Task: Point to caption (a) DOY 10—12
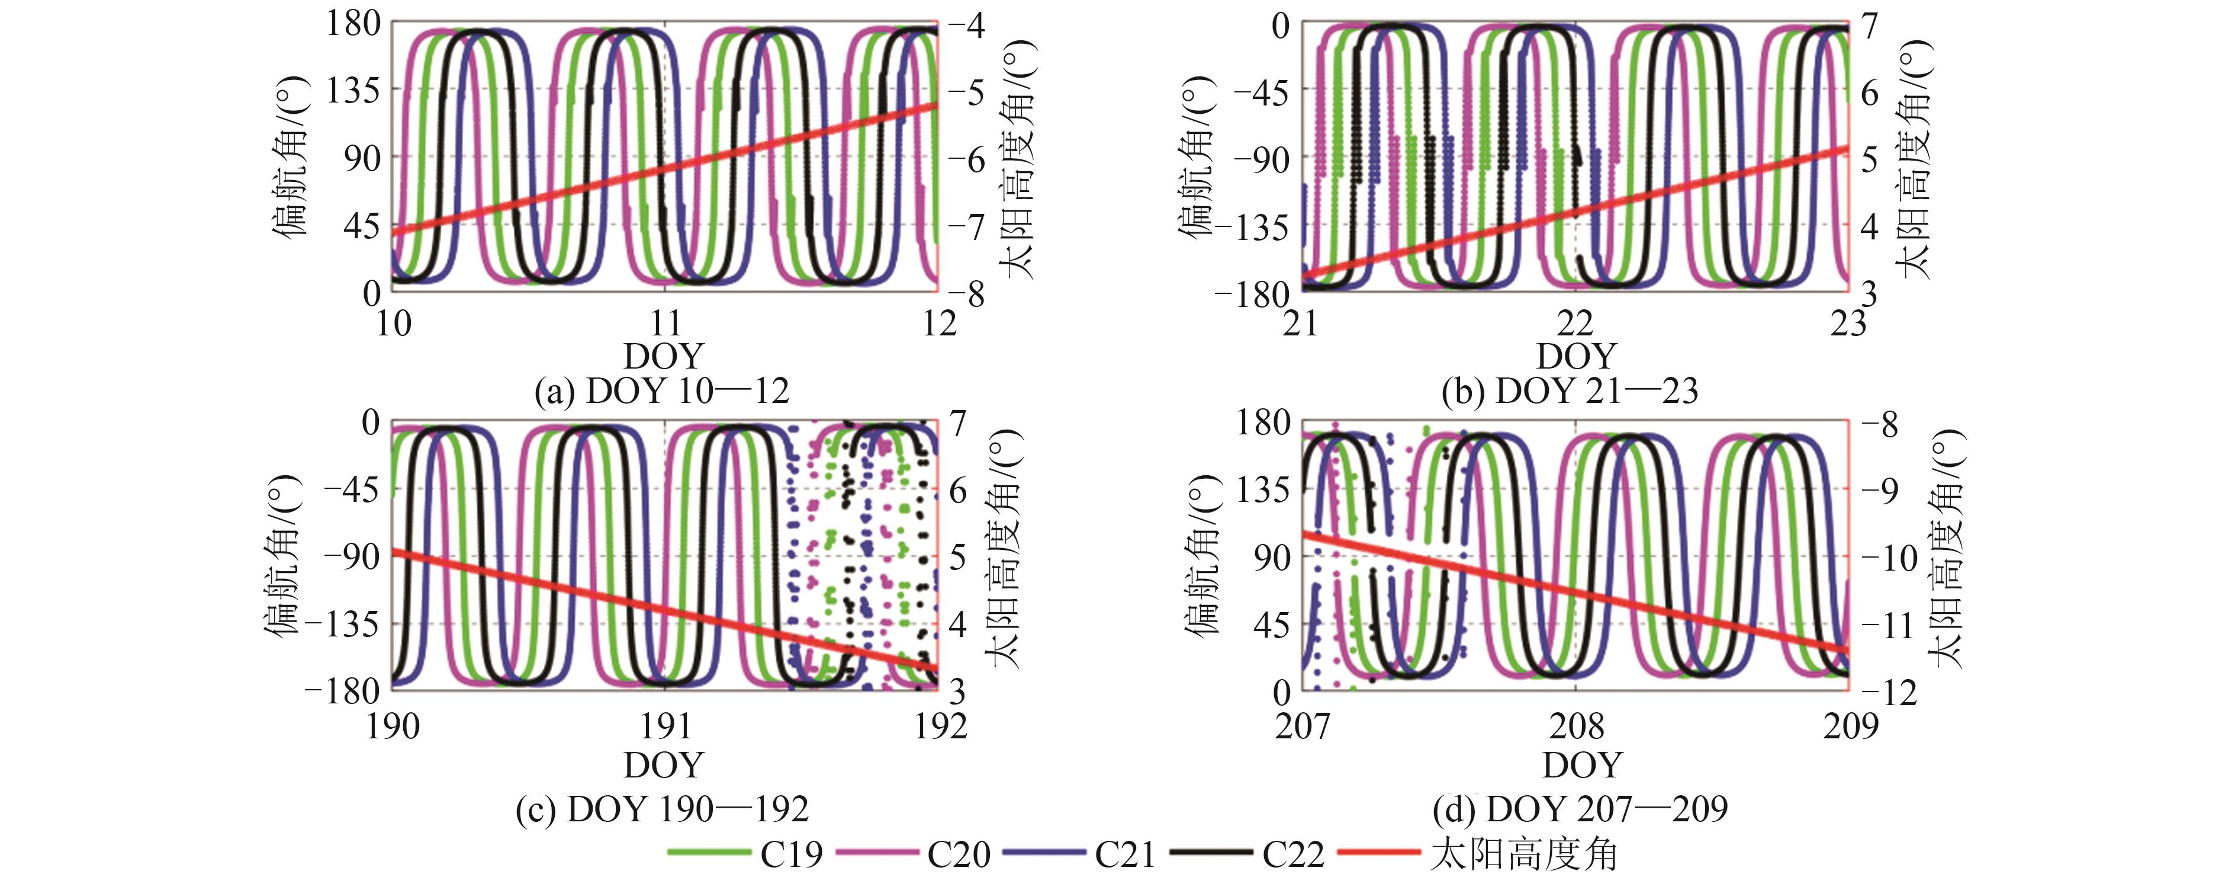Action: tap(662, 391)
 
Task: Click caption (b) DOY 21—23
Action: tap(1570, 391)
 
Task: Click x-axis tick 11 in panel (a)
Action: tap(665, 324)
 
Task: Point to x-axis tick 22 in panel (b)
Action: tap(1575, 324)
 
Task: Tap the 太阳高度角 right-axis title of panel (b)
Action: tap(1915, 158)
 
